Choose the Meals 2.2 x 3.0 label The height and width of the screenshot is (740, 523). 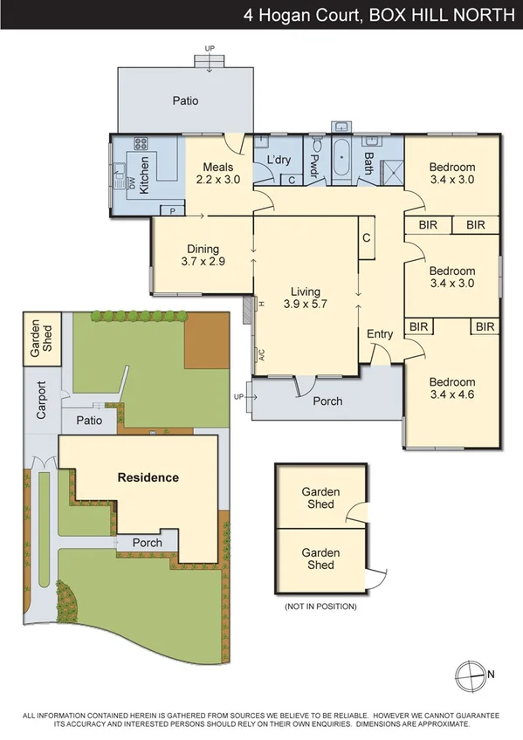(217, 174)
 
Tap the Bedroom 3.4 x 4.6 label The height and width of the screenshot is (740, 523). (451, 388)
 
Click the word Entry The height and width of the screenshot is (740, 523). (380, 334)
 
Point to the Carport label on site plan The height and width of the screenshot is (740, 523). (41, 399)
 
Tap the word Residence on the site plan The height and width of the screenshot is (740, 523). (148, 477)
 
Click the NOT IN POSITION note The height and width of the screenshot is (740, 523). (320, 606)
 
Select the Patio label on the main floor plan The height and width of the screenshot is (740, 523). (185, 100)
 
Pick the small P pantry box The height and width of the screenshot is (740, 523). (173, 210)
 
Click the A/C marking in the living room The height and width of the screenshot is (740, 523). (260, 355)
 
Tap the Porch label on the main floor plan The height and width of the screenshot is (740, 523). (327, 401)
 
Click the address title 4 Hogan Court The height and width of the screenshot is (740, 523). (305, 15)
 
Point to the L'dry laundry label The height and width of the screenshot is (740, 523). (279, 160)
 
